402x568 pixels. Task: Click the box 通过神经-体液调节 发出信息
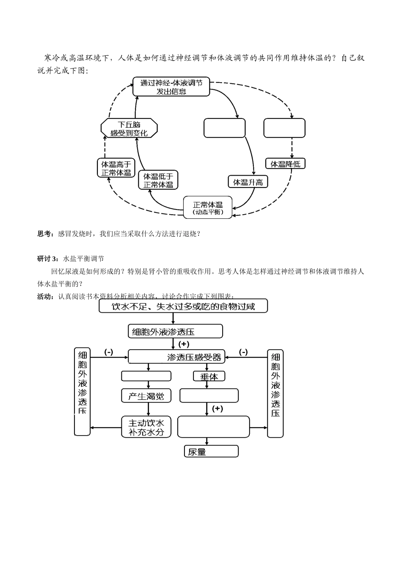(x=171, y=87)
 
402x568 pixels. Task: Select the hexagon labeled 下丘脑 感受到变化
(x=129, y=128)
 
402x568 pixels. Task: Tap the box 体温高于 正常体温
(x=116, y=168)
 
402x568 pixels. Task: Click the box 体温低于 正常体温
(x=158, y=180)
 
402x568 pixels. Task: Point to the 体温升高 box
(x=248, y=182)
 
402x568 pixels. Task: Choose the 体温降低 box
(x=285, y=164)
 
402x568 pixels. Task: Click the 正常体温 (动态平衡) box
(x=208, y=207)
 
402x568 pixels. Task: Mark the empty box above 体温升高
(x=224, y=128)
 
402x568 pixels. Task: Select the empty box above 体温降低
(x=284, y=128)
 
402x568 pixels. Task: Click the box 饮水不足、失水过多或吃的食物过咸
(x=183, y=306)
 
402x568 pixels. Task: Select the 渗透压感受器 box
(x=177, y=357)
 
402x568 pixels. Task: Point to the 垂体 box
(x=209, y=376)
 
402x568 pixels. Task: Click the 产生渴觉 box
(x=146, y=396)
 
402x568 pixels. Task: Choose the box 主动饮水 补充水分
(x=146, y=427)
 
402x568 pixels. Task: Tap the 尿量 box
(x=211, y=451)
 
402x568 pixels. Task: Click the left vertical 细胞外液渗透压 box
(x=82, y=392)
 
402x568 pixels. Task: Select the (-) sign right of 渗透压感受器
(x=243, y=352)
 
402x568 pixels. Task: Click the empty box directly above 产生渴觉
(x=146, y=376)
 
